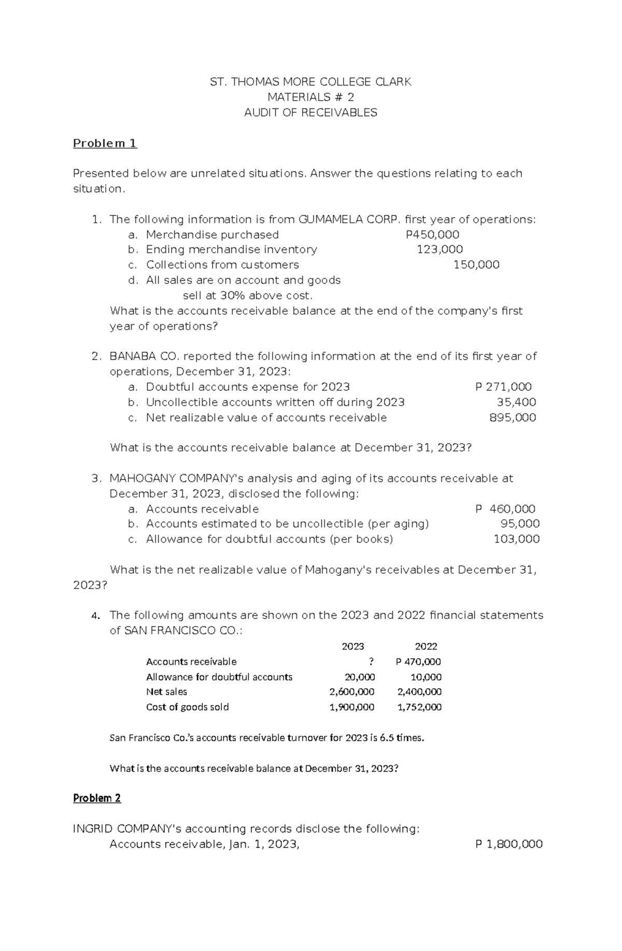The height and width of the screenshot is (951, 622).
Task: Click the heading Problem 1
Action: (105, 143)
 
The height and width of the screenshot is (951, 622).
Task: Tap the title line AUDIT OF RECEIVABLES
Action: (310, 112)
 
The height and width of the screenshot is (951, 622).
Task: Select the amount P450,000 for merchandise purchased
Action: (432, 234)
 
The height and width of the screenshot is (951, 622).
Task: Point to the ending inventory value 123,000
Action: (440, 249)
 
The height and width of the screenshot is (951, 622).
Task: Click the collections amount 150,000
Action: (476, 265)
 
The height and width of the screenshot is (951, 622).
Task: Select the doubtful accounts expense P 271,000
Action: (503, 387)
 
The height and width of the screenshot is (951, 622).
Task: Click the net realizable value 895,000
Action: (513, 417)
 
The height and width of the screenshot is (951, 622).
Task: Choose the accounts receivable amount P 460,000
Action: (505, 509)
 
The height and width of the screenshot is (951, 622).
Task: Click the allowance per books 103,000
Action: (516, 539)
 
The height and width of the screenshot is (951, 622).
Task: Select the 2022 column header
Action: (426, 646)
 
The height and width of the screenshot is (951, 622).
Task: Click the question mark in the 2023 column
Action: (372, 661)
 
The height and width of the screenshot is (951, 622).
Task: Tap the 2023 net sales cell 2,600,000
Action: (352, 691)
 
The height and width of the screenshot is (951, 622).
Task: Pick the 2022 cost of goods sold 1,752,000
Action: (419, 707)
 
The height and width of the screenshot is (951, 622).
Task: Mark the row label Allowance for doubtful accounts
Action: (219, 677)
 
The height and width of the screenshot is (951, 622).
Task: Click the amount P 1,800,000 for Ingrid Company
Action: (508, 844)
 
